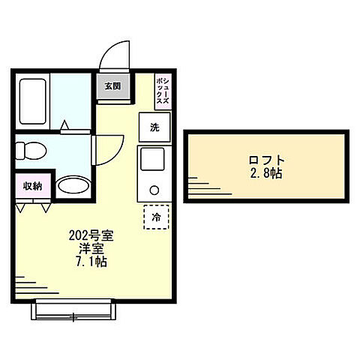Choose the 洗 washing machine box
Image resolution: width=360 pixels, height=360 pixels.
[154, 127]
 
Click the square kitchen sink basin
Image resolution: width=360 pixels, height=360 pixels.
[154, 159]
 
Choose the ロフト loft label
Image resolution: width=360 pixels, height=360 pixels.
[267, 160]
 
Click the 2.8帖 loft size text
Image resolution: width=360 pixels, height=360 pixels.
[267, 173]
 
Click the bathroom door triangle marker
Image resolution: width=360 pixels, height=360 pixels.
[64, 124]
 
